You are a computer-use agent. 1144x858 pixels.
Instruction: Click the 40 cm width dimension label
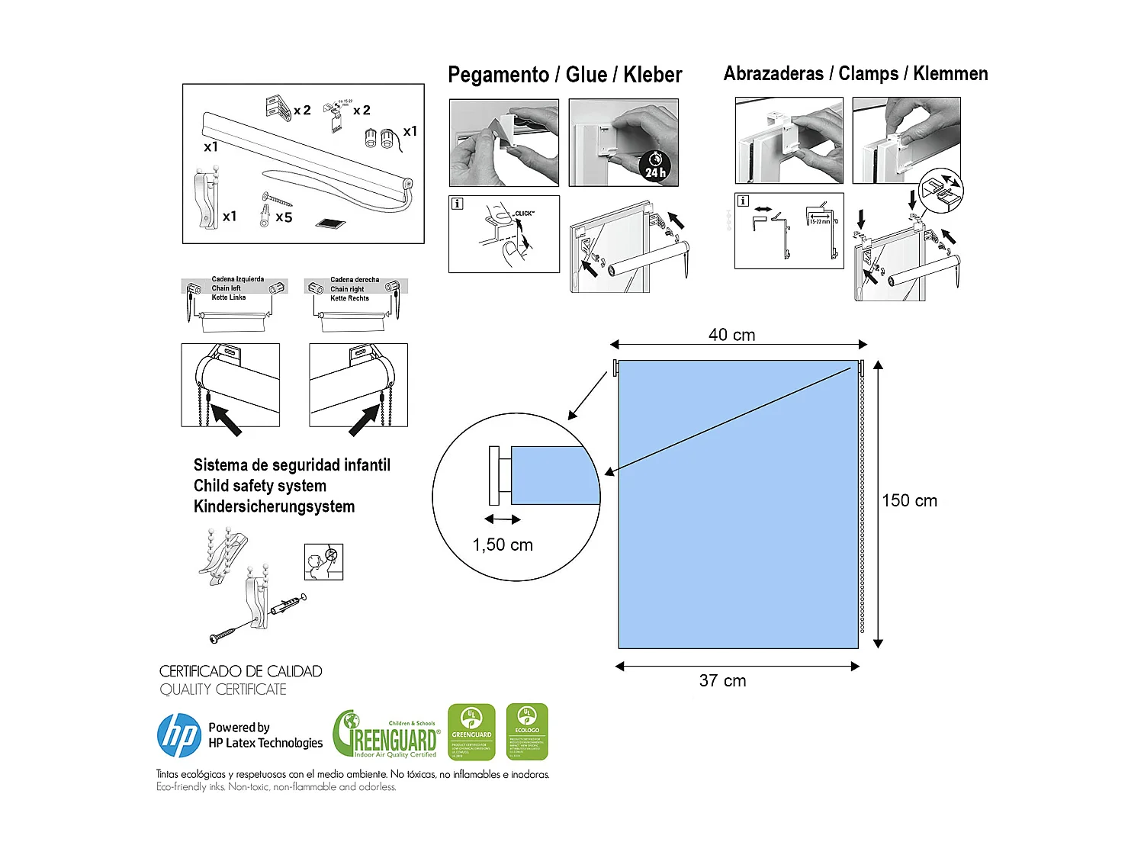point(731,335)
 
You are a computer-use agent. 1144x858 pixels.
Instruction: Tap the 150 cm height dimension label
point(909,501)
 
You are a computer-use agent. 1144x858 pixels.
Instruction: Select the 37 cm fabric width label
point(722,681)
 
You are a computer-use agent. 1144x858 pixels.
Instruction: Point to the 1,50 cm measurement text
point(503,545)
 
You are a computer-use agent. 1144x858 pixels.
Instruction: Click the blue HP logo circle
point(179,735)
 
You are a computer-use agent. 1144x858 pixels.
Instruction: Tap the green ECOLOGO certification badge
point(527,732)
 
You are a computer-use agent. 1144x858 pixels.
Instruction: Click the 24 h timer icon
point(655,165)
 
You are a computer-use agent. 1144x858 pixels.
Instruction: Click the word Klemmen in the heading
point(950,74)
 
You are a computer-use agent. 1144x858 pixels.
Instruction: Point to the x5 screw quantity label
point(284,217)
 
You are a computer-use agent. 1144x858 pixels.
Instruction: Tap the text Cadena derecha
point(355,280)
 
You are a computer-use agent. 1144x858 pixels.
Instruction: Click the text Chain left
point(226,288)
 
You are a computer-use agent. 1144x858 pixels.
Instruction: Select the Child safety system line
point(260,486)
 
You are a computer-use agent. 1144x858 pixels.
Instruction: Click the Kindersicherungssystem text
point(274,506)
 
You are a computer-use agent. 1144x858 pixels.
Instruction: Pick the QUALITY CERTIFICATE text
point(223,689)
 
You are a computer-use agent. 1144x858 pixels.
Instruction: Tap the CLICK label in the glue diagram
point(524,214)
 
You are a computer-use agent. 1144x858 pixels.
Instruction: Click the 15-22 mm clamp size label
point(820,222)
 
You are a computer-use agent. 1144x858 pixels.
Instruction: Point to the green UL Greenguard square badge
point(471,732)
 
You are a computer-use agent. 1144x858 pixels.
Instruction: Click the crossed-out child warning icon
point(323,562)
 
